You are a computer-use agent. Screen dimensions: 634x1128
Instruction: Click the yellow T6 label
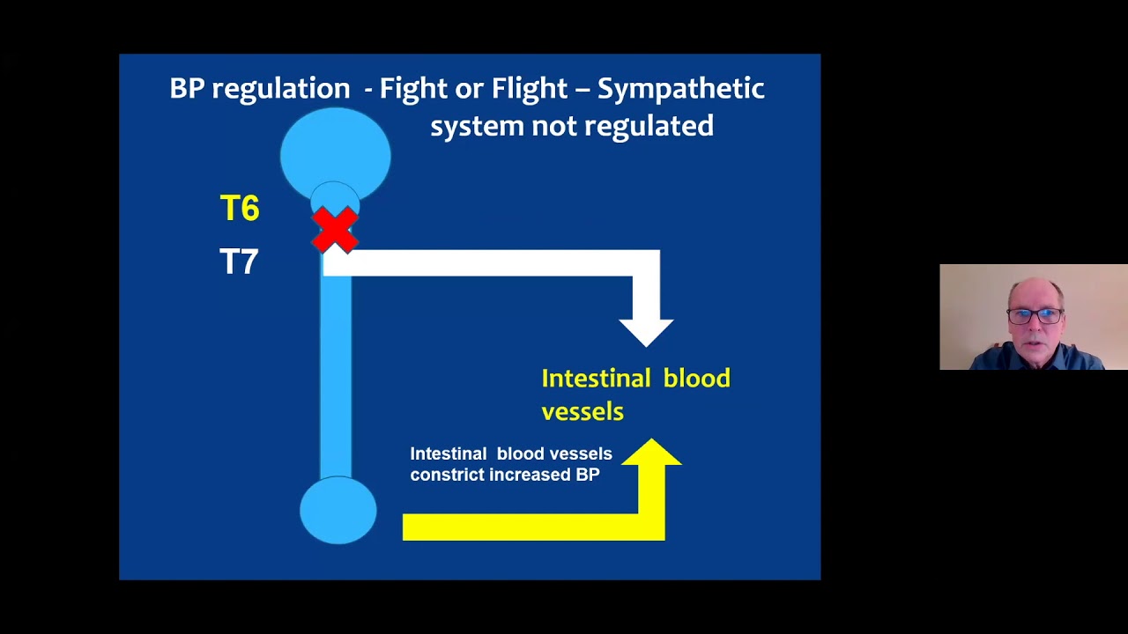tap(240, 209)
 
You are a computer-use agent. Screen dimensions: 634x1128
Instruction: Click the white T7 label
tap(239, 262)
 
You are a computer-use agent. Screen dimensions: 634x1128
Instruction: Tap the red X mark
tap(335, 229)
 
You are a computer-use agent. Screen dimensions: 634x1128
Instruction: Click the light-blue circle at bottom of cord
tap(338, 511)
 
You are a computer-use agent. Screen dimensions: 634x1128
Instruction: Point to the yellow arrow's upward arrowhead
tap(651, 453)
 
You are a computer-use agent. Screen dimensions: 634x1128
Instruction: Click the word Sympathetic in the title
tap(680, 89)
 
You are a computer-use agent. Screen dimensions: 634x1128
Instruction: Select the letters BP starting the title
tap(186, 89)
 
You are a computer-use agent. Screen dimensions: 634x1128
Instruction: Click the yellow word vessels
tap(582, 412)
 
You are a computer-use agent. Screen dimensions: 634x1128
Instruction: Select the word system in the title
tap(477, 126)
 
